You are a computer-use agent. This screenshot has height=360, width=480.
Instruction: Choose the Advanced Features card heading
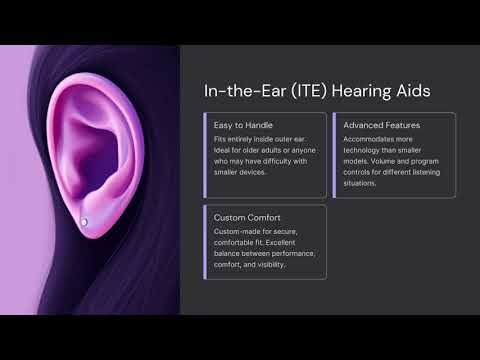(x=382, y=124)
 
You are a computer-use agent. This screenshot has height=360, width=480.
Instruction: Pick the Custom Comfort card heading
(x=246, y=216)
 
